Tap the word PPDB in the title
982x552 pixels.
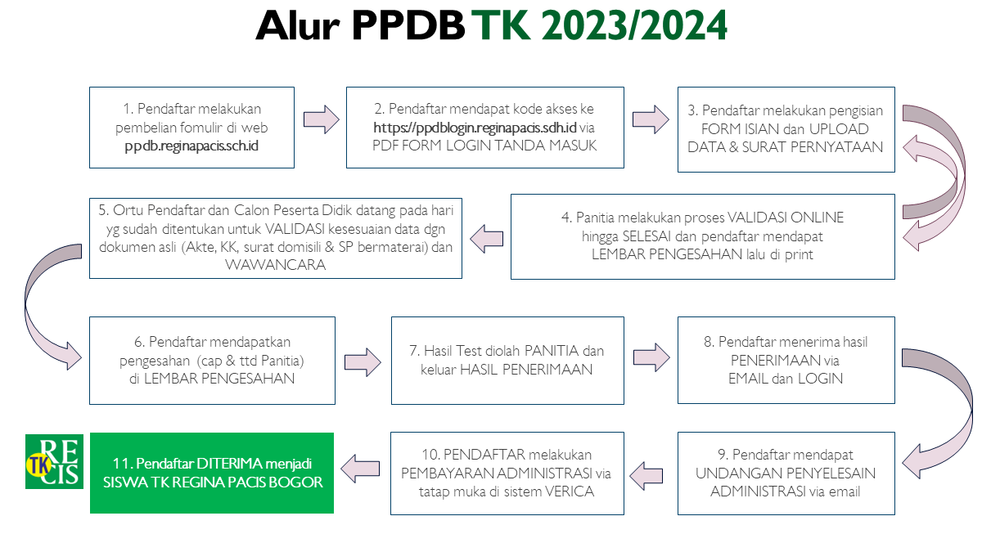pyautogui.click(x=408, y=25)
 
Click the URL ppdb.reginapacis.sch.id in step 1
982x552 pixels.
pyautogui.click(x=191, y=146)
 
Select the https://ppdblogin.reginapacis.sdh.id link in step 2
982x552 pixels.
pyautogui.click(x=475, y=128)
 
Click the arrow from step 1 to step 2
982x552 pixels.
pyautogui.click(x=322, y=119)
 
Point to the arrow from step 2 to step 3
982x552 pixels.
pyautogui.click(x=651, y=119)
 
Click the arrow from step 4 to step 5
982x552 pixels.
pyautogui.click(x=487, y=239)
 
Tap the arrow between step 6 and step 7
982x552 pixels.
pyautogui.click(x=363, y=362)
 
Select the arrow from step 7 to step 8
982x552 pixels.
pyautogui.click(x=651, y=357)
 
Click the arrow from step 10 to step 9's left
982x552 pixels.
pyautogui.click(x=646, y=475)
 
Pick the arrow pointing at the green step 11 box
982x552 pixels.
pyautogui.click(x=360, y=469)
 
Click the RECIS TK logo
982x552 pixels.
pyautogui.click(x=54, y=461)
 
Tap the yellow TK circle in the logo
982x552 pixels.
pyautogui.click(x=39, y=465)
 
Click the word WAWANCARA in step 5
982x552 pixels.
pyautogui.click(x=275, y=265)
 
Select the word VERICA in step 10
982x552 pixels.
pyautogui.click(x=569, y=491)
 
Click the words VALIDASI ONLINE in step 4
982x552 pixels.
pyautogui.click(x=785, y=218)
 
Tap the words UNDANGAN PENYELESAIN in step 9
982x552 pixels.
pyautogui.click(x=785, y=473)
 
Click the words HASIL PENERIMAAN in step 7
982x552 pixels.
pyautogui.click(x=526, y=370)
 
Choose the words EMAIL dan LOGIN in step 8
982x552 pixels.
pyautogui.click(x=785, y=379)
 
